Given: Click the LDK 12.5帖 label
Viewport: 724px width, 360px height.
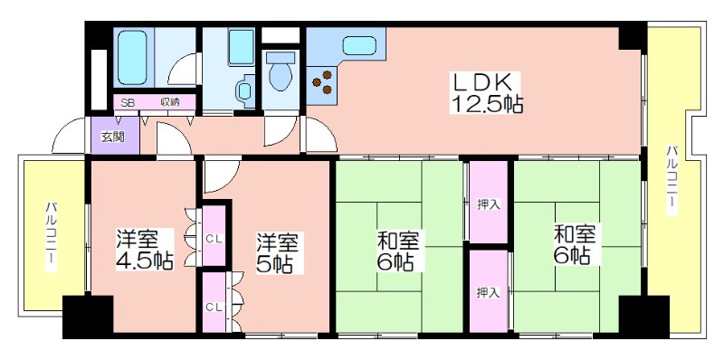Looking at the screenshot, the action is point(486,93).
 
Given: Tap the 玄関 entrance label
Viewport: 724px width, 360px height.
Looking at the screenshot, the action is point(113,137).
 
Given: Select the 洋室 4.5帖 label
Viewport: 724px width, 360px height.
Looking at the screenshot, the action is point(144,250).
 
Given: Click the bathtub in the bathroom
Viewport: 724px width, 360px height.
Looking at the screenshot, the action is point(132,57).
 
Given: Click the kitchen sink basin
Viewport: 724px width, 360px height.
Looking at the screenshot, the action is point(359,46).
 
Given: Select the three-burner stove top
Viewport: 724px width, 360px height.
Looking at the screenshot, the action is point(323,81).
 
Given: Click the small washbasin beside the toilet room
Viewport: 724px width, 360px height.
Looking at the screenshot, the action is point(243,90).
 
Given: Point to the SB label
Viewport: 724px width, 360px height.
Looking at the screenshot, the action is point(128,103).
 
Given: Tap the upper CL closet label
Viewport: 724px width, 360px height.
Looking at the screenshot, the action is point(214,239).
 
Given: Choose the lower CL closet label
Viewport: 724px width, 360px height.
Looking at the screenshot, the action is point(214,307).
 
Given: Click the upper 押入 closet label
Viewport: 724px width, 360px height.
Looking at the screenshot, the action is point(488,204).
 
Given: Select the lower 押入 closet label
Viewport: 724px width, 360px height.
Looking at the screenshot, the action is point(488,292).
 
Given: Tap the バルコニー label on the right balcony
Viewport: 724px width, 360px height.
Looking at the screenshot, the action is point(672,180).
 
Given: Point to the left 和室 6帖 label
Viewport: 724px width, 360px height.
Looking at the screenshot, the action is point(397,251).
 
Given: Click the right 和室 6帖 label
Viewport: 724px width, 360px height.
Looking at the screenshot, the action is point(575,244).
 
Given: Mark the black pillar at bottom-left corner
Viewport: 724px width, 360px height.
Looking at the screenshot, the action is point(88,317).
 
